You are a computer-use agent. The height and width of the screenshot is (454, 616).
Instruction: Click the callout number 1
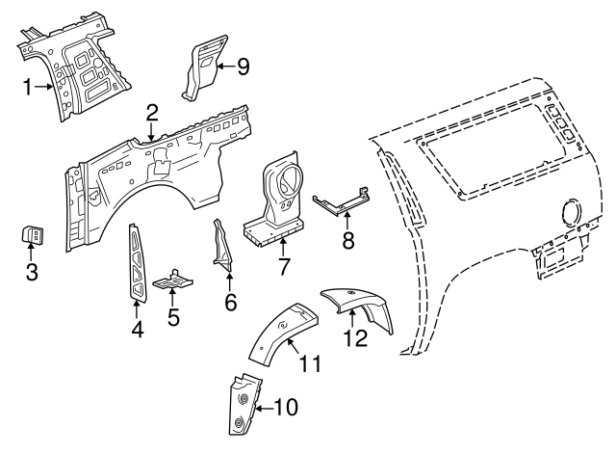(x=30, y=87)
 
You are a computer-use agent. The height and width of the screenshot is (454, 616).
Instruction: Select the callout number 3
(x=31, y=272)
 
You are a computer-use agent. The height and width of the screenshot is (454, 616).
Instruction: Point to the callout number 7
(x=283, y=264)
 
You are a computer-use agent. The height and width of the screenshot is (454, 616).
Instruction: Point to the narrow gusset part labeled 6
(x=220, y=246)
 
